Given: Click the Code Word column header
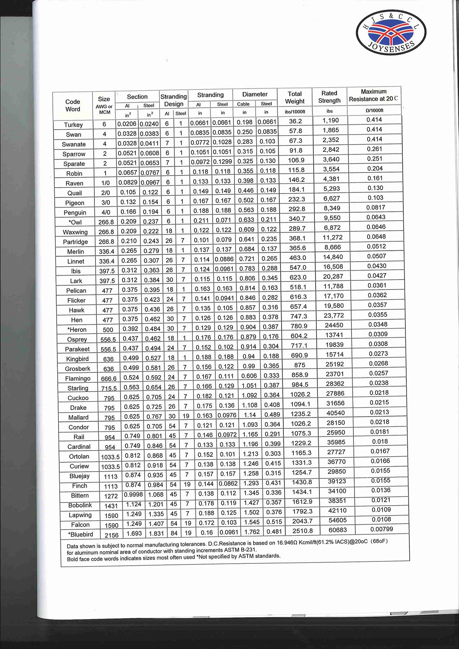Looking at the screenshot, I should coord(73,105).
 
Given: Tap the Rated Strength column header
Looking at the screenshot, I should coord(329,97).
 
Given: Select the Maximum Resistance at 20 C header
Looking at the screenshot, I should coord(373,95).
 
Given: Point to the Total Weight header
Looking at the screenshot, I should coord(295,98).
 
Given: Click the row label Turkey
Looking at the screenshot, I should coord(73,125).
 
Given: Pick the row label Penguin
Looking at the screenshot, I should coord(75,213).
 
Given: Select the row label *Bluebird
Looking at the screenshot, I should coord(81,534).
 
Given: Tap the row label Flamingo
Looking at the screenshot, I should coord(78,379).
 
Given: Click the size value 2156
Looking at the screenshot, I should coord(112,535).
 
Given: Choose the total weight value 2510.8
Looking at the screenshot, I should coord(303,531).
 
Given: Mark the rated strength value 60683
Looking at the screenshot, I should coord(338,530).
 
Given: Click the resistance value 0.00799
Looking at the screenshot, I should coord(382,529).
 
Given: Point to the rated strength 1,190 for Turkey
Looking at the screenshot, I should coord(330,120).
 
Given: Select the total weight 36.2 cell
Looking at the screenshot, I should coord(295,121).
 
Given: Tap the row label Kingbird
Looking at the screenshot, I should coord(77,359).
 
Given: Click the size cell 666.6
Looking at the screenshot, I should coord(109,379).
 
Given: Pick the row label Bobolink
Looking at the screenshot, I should coord(80,505).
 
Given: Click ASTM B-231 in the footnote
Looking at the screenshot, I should coord(241,550).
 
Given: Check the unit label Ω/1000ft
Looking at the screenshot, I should coord(374,111).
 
